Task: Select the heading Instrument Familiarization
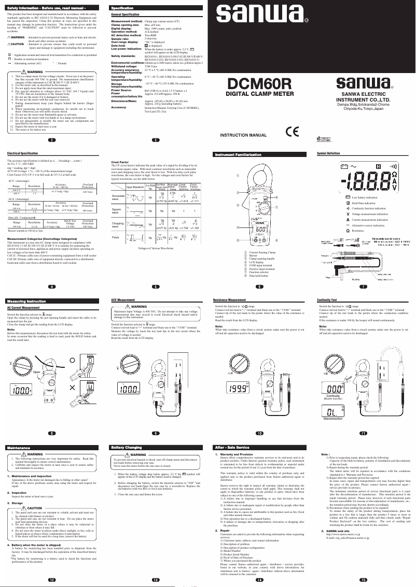pos(240,154)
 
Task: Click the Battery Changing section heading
pos(127,447)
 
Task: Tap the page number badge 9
pos(155,433)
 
